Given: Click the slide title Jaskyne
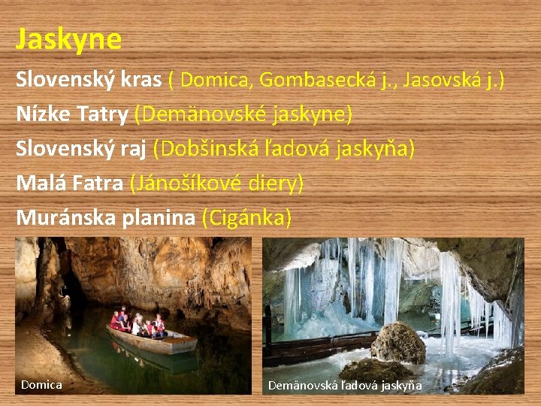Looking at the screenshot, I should point(68,39).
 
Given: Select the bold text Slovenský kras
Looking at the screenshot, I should point(89,80).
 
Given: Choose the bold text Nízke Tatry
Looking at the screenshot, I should point(72,114).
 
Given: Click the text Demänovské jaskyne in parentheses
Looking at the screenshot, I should point(243,114).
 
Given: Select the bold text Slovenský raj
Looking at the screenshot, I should point(81,149).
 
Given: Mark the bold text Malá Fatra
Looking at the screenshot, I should point(69,183).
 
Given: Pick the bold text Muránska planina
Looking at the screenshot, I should point(106,217).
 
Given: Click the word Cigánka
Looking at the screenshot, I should point(246,217).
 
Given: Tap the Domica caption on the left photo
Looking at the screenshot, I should point(41,385).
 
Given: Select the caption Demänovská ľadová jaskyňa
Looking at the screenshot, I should point(345,386).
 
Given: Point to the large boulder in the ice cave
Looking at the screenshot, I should point(397,343).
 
